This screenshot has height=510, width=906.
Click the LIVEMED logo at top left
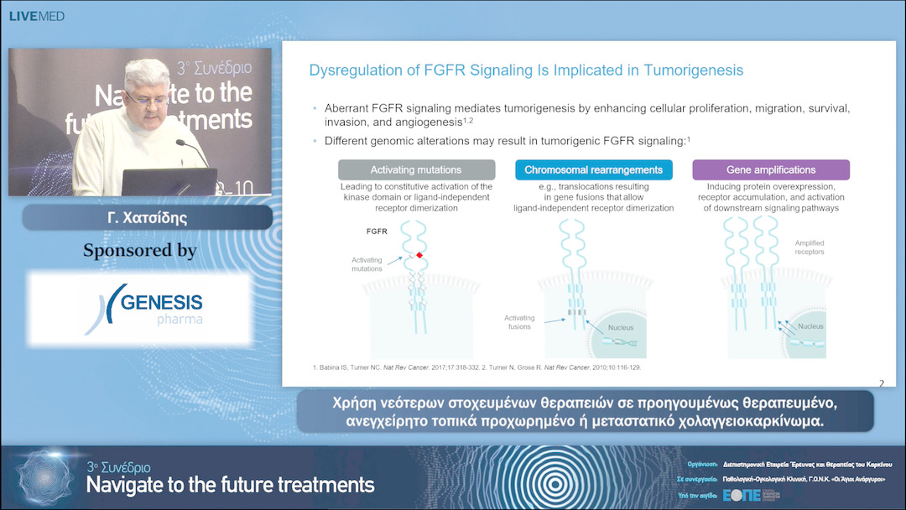pos(36,16)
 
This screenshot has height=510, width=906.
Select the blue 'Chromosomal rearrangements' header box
pos(593,170)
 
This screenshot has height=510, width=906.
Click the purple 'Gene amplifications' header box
pos(770,170)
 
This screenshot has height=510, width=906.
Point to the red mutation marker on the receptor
pos(419,254)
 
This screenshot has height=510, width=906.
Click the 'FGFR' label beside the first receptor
pos(377,229)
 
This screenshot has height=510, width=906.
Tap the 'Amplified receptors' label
pos(809,247)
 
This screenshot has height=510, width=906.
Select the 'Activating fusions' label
pos(518,322)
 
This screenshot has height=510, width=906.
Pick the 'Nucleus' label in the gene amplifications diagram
pos(810,325)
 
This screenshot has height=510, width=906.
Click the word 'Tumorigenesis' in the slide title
pos(693,70)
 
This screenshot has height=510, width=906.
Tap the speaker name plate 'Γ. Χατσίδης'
pos(147,218)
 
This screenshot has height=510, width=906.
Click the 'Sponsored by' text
pos(140,250)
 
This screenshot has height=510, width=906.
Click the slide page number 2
pos(881,383)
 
